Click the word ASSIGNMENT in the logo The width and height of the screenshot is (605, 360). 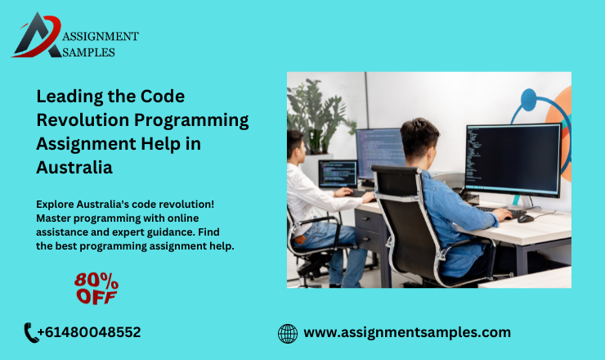pyautogui.click(x=100, y=36)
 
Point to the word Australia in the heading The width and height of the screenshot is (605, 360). pyautogui.click(x=74, y=167)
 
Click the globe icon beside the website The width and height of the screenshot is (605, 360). pyautogui.click(x=288, y=333)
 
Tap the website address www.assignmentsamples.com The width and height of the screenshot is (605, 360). pyautogui.click(x=407, y=332)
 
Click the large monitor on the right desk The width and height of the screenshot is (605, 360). pyautogui.click(x=512, y=159)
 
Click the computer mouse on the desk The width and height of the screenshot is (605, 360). pyautogui.click(x=526, y=218)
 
